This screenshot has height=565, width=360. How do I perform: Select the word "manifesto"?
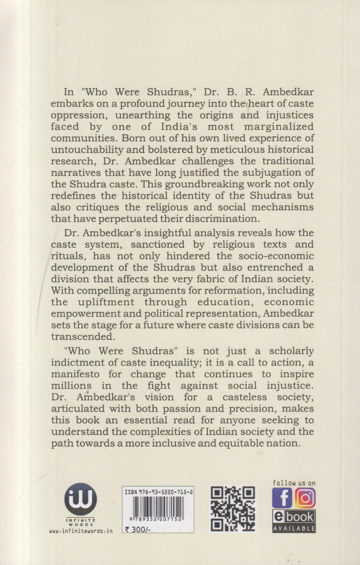[87, 374]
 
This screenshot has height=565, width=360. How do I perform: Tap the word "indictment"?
[86, 363]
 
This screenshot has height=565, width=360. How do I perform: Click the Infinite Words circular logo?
[80, 499]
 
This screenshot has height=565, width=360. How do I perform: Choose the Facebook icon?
[282, 498]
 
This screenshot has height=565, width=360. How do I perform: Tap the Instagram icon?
[305, 498]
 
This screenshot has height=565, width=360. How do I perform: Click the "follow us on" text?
[294, 483]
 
